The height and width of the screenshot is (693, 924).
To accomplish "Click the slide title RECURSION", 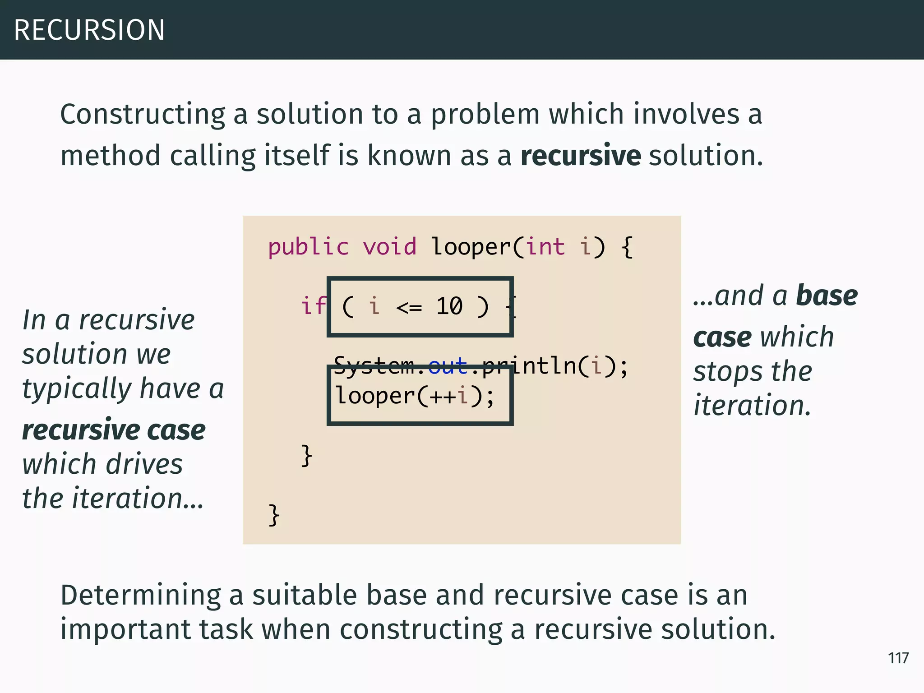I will pyautogui.click(x=89, y=30).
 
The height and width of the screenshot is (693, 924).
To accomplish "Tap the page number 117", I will pyautogui.click(x=898, y=658).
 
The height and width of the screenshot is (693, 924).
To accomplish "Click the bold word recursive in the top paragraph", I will pyautogui.click(x=580, y=155).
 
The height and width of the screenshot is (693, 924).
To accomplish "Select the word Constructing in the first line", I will pyautogui.click(x=143, y=114).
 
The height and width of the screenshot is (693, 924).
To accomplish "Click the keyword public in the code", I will pyautogui.click(x=308, y=247).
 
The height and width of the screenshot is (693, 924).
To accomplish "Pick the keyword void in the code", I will pyautogui.click(x=389, y=247).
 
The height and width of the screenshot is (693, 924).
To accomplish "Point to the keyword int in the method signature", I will pyautogui.click(x=545, y=247).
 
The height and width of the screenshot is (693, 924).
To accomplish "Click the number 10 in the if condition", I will pyautogui.click(x=449, y=306).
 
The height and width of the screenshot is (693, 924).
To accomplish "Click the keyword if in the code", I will pyautogui.click(x=313, y=306).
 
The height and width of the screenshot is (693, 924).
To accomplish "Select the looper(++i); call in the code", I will pyautogui.click(x=415, y=396).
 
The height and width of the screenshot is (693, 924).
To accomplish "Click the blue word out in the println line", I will pyautogui.click(x=448, y=365).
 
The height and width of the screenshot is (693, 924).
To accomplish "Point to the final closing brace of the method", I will pyautogui.click(x=274, y=515).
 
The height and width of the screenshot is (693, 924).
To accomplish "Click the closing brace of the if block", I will pyautogui.click(x=307, y=455).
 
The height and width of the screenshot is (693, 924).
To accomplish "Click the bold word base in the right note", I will pyautogui.click(x=827, y=296).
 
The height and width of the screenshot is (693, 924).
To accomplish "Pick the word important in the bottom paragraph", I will pyautogui.click(x=125, y=629).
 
